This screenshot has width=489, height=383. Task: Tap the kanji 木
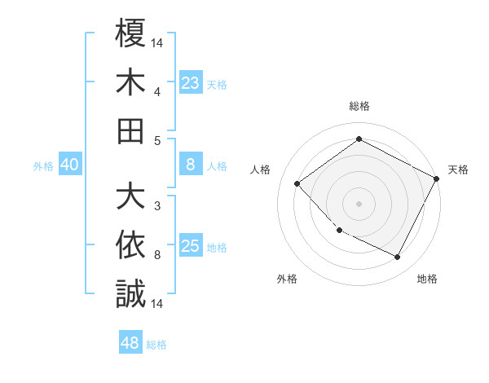point(130,81)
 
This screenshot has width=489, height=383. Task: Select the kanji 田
point(130,130)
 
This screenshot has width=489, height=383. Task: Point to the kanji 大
point(130,196)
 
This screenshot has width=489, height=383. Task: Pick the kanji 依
point(130,245)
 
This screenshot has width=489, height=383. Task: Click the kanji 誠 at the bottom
point(130,293)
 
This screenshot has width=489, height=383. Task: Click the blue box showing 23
point(190,82)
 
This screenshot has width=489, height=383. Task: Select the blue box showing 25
point(190,246)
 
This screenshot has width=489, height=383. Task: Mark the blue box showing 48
point(130,343)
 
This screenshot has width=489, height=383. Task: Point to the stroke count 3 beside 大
point(157,205)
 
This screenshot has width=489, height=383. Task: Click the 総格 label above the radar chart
point(359,107)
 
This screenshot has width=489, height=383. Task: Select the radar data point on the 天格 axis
point(437,179)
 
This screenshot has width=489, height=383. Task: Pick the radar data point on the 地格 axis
point(398,258)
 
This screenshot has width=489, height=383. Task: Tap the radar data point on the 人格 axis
point(297,184)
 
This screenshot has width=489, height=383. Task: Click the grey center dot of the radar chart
point(359,203)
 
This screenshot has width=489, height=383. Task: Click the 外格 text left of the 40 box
point(43,166)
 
